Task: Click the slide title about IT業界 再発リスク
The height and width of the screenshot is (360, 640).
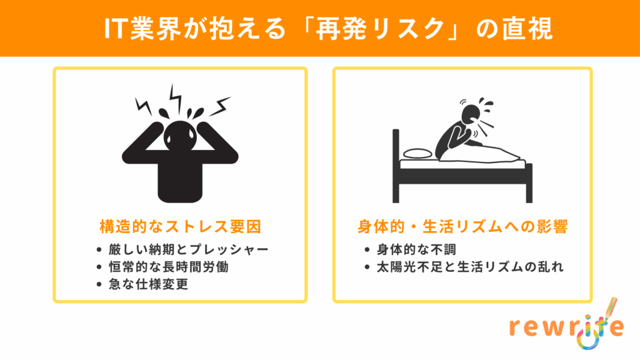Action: pos(329,29)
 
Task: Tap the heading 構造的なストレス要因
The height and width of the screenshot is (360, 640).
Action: pos(180,226)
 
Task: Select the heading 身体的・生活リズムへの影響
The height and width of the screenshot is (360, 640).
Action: pos(462,226)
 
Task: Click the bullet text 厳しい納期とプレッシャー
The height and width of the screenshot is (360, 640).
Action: pos(188,249)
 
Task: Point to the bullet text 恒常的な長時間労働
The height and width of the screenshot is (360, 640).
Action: pos(169,267)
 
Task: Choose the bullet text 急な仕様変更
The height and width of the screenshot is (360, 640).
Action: pos(149,284)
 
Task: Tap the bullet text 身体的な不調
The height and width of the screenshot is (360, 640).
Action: pos(416,249)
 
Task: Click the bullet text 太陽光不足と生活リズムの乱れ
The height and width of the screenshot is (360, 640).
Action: pos(470,267)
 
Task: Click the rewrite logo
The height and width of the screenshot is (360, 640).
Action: pos(567,324)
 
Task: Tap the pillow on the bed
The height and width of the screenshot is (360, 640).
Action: pos(417,154)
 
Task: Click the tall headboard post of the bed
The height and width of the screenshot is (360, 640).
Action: pos(396,166)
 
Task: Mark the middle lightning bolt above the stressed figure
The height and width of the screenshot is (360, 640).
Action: pos(176,98)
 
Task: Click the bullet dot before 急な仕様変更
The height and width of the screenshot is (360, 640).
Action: pos(99,284)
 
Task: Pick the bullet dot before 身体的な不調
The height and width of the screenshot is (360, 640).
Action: pos(367,250)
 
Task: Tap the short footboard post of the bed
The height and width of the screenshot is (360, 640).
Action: pos(529,183)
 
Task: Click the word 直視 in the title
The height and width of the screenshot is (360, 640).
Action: pos(527,29)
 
